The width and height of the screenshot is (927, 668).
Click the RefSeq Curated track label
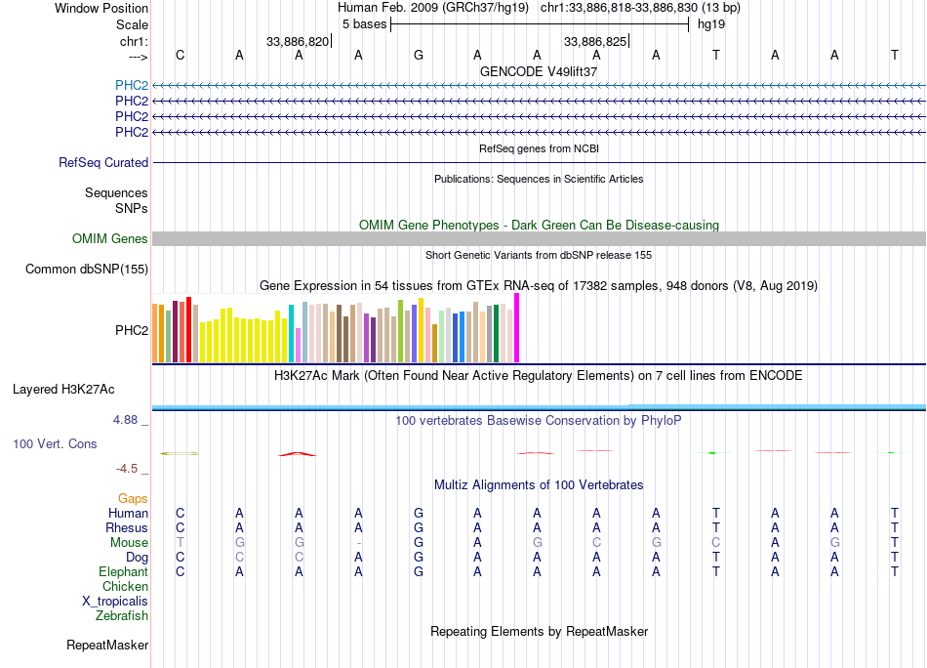(103, 163)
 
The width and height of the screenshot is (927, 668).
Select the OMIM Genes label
(110, 239)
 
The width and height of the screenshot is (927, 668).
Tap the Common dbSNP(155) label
(87, 270)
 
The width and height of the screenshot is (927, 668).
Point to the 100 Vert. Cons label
(55, 444)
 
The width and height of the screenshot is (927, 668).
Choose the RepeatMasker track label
(107, 646)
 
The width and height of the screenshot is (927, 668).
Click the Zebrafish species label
(122, 616)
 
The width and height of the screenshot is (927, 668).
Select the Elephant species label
(123, 572)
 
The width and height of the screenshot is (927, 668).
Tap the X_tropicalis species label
(115, 602)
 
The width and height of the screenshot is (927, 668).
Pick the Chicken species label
(126, 587)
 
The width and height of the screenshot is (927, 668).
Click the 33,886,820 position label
(298, 42)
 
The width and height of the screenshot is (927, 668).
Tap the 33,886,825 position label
(595, 42)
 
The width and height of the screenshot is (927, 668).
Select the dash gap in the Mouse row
(359, 543)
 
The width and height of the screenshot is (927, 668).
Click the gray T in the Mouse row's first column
(180, 543)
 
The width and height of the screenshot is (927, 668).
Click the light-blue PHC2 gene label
(132, 85)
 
